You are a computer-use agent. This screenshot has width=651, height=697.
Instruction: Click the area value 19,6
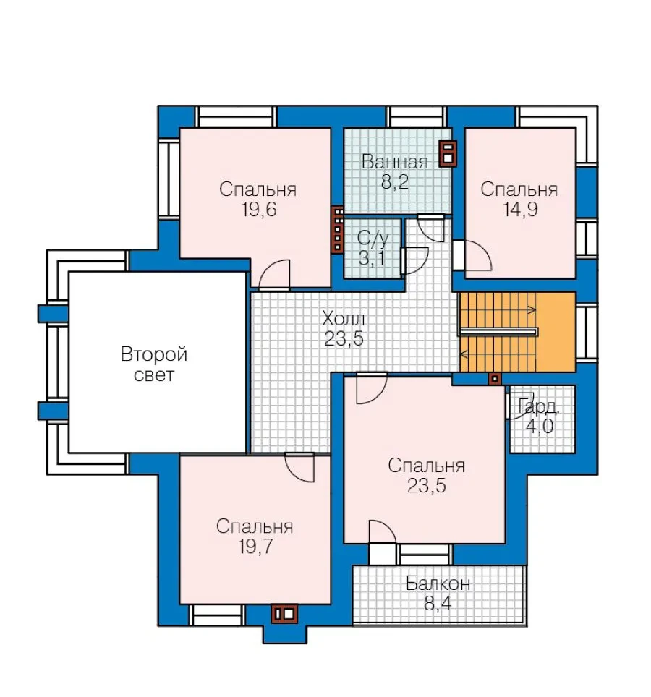(259, 209)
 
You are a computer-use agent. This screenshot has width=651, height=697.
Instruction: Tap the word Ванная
(394, 162)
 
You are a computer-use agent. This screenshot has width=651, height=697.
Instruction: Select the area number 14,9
(520, 209)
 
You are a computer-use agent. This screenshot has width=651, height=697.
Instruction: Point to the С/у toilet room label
(373, 239)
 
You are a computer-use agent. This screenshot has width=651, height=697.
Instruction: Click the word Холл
(344, 318)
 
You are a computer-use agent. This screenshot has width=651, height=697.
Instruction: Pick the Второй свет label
(154, 364)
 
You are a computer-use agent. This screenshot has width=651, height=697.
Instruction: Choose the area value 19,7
(255, 547)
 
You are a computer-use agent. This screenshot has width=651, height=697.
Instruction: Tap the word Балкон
(438, 583)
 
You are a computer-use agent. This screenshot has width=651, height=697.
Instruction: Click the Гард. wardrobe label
(538, 407)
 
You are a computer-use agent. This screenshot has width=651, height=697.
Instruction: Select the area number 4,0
(540, 427)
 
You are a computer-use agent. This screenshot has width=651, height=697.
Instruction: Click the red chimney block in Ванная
(448, 154)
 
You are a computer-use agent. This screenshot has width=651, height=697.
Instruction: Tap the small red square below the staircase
(495, 379)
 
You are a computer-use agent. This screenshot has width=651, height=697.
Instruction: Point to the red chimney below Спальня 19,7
(284, 614)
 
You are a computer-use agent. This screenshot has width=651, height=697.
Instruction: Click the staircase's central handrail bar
(498, 332)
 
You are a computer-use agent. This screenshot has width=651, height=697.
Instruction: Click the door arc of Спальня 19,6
(273, 275)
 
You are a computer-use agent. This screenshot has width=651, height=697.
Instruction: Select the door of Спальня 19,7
(299, 467)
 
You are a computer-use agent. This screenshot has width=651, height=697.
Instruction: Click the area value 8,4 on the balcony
(438, 603)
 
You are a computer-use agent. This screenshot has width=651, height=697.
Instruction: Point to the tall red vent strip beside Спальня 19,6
(338, 230)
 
